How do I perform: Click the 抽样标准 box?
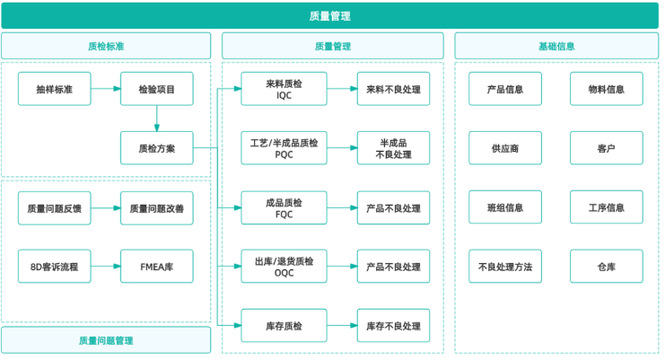point(54,89)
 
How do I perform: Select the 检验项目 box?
point(157,89)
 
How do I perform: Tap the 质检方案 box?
point(157,148)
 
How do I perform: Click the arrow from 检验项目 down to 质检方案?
point(157,119)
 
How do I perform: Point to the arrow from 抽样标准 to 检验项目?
point(106,89)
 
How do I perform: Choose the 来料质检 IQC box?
point(284,89)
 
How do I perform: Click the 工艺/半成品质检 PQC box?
point(284,148)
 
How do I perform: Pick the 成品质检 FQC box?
point(284,207)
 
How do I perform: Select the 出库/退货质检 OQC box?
point(284,267)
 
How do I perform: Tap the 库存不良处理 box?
point(393,326)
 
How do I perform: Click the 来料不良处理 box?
point(393,89)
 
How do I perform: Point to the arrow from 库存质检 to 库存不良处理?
point(342,326)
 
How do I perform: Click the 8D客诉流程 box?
point(54,267)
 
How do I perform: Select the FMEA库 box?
point(157,267)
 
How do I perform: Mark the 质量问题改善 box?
point(157,207)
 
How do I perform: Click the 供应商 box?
point(505,148)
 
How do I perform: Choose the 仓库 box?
point(607,267)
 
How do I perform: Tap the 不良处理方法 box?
point(505,267)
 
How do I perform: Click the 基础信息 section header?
point(556,46)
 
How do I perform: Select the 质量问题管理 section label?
point(106,340)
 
